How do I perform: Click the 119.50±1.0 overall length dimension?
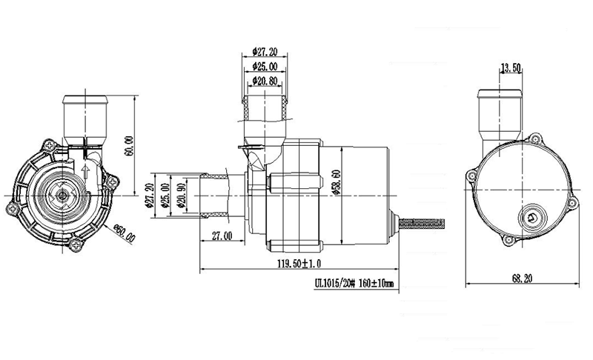301,263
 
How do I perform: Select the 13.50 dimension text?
511,67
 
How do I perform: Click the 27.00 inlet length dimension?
222,236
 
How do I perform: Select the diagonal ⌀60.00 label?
125,235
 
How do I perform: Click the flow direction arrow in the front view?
87,176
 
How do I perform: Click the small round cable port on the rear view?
532,217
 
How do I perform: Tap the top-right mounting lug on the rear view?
535,139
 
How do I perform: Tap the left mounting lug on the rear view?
471,176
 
